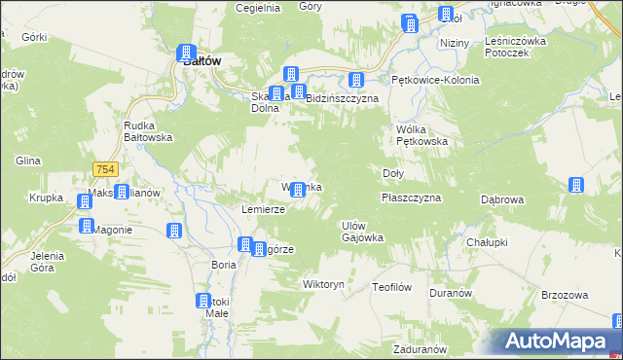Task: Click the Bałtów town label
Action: pyautogui.click(x=202, y=60)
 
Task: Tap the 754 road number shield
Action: pyautogui.click(x=106, y=170)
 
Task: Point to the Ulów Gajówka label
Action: pyautogui.click(x=362, y=231)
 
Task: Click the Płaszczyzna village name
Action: pyautogui.click(x=411, y=198)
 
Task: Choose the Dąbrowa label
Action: pyautogui.click(x=502, y=199)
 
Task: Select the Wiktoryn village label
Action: pyautogui.click(x=324, y=285)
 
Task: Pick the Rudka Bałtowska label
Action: pyautogui.click(x=148, y=131)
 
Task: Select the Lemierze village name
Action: pyautogui.click(x=263, y=209)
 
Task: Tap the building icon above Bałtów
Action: pyautogui.click(x=186, y=54)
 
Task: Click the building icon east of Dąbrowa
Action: pyautogui.click(x=575, y=185)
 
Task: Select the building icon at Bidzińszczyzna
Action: pyautogui.click(x=299, y=92)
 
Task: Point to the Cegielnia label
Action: pyautogui.click(x=258, y=7)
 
